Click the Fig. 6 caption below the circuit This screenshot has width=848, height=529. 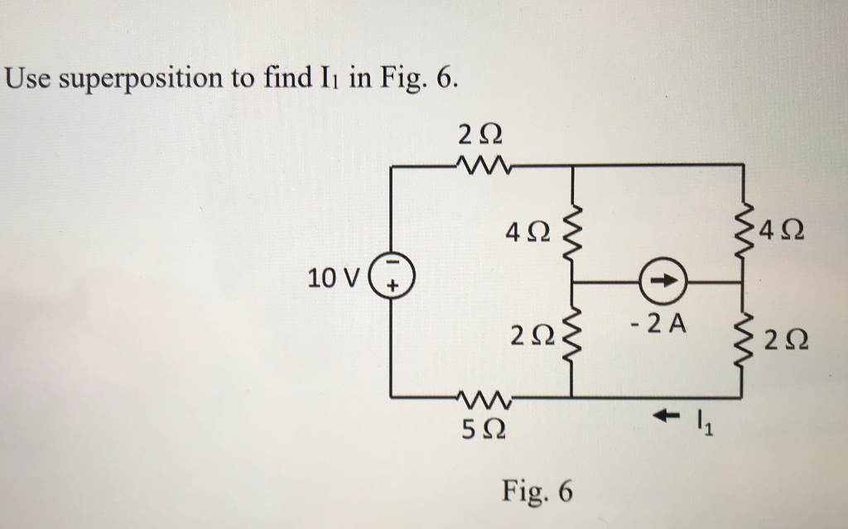click(x=537, y=492)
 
